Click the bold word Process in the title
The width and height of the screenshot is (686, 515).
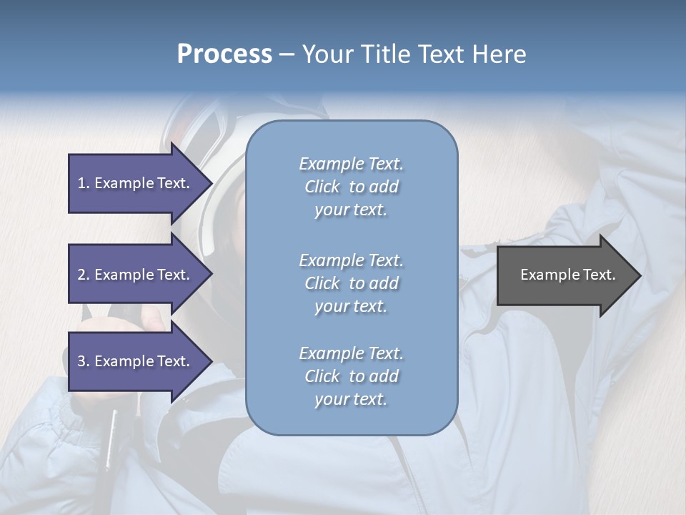click(224, 54)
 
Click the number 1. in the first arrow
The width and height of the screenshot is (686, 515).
click(84, 183)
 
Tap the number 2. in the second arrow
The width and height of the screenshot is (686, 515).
click(84, 275)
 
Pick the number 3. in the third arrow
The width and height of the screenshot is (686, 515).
click(84, 361)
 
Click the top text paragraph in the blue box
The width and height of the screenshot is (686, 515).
click(351, 187)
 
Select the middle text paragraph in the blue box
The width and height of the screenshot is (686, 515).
click(351, 283)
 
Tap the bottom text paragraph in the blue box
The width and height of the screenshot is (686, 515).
click(351, 376)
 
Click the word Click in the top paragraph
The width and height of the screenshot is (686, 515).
click(322, 187)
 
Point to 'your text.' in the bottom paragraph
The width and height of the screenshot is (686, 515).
click(351, 399)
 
